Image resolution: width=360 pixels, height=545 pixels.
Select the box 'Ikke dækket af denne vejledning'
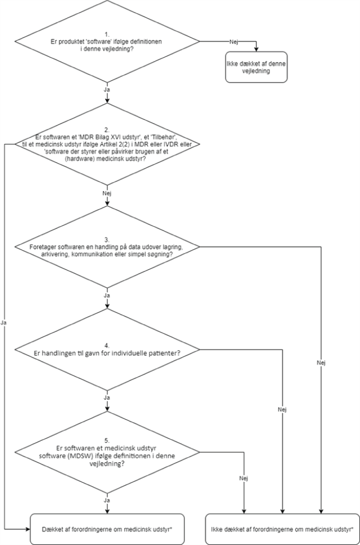click(256, 68)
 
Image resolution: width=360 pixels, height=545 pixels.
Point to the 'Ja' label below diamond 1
click(107, 88)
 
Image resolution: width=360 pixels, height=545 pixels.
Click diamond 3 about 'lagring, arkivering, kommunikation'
click(107, 250)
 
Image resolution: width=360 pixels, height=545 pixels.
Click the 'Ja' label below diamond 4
click(107, 398)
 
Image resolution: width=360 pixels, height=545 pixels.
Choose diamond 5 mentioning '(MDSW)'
click(107, 453)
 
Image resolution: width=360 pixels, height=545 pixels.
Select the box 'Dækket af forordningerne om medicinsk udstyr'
click(107, 529)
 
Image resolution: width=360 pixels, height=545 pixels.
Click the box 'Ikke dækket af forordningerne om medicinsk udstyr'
click(281, 529)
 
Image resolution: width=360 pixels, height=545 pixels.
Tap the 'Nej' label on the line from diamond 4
click(282, 409)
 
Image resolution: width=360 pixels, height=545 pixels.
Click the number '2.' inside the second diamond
click(107, 130)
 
